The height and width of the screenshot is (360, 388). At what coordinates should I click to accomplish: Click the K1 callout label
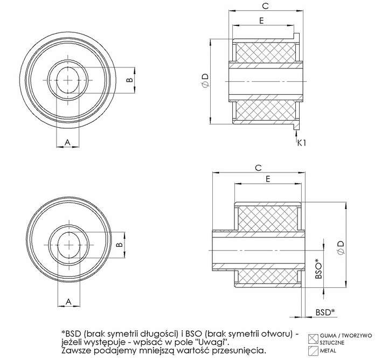(302, 143)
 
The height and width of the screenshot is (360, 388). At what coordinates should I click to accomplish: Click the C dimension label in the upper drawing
(265, 6)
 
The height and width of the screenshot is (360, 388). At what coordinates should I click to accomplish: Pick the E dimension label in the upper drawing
(261, 22)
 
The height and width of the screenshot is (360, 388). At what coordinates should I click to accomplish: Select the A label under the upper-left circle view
(67, 141)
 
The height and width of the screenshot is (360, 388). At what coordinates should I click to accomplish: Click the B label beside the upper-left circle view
(128, 80)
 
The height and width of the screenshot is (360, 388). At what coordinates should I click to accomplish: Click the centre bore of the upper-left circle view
(68, 79)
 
